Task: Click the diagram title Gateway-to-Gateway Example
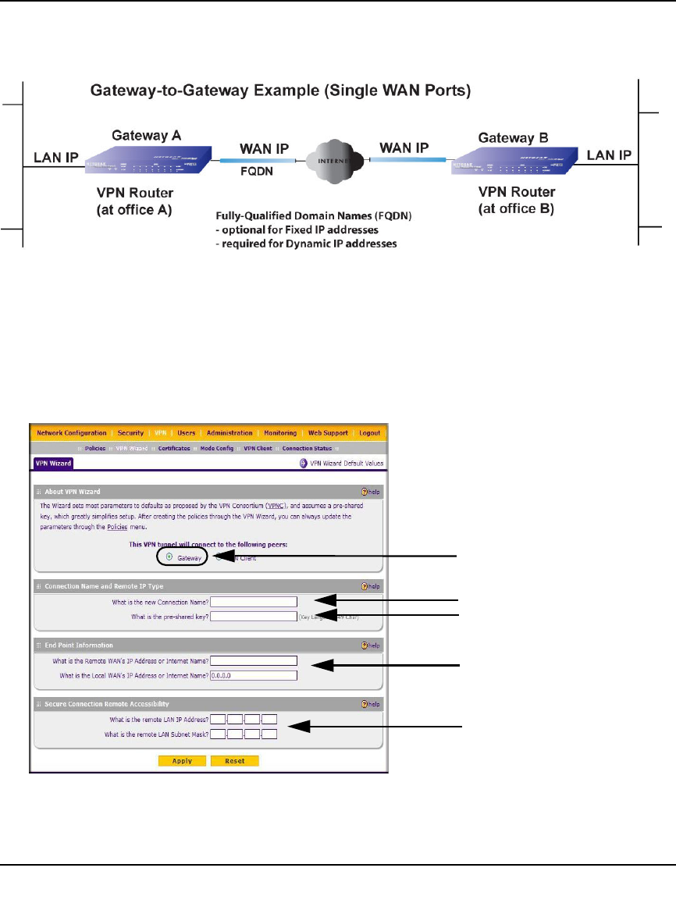click(x=280, y=91)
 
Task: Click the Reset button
click(x=234, y=761)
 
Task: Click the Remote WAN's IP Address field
click(x=254, y=660)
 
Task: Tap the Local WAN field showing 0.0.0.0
click(x=254, y=675)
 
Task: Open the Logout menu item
click(x=371, y=433)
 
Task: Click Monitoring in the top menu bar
click(x=280, y=433)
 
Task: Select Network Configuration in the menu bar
click(x=72, y=433)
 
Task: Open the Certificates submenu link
click(x=174, y=449)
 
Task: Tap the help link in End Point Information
click(x=370, y=645)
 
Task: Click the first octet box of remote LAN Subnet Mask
click(x=219, y=734)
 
